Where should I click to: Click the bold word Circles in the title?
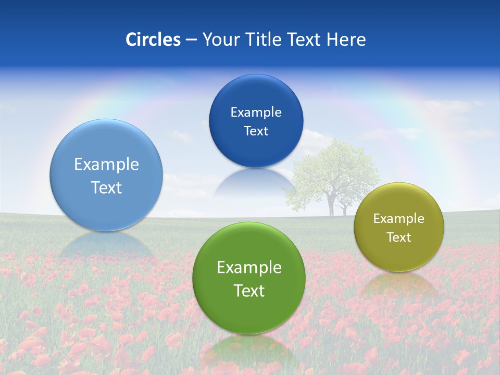[153, 40]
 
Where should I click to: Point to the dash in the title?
[191, 40]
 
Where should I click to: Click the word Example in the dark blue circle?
[256, 113]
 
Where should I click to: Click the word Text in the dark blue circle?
[256, 131]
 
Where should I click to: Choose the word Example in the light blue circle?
[106, 165]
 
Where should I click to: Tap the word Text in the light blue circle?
[106, 187]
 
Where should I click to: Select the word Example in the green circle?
[249, 268]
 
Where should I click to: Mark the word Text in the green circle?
[249, 291]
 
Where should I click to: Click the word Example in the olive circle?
[398, 219]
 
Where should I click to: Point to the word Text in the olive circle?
[398, 238]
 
